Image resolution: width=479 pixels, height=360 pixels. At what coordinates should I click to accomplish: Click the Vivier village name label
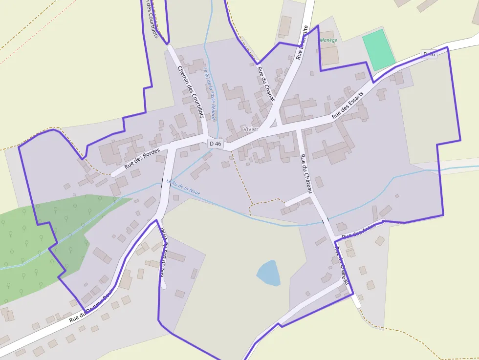[250, 129]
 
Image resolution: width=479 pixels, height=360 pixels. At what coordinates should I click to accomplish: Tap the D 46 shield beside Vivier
[215, 144]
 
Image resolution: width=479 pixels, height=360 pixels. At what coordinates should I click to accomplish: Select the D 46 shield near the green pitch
[429, 54]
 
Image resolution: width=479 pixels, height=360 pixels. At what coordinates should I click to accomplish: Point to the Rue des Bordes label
[142, 158]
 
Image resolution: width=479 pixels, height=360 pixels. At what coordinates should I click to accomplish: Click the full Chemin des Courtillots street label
[190, 92]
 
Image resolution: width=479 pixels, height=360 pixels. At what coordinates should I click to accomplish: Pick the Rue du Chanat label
[265, 83]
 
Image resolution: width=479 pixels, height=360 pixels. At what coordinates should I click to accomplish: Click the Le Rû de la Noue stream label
[184, 187]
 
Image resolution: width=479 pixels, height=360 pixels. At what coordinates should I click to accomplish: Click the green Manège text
[328, 40]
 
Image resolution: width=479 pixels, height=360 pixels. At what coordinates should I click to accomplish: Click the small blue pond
[268, 273]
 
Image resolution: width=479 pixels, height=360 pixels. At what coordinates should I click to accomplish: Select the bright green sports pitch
[378, 49]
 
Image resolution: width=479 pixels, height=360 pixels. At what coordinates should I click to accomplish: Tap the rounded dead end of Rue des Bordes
[113, 174]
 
